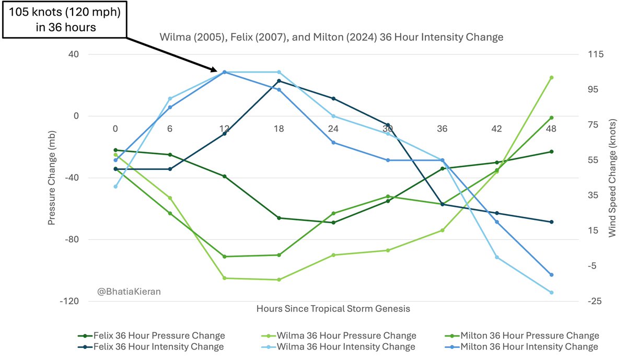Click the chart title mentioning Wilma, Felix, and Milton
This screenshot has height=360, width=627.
(x=331, y=37)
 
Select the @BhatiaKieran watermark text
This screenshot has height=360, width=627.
(x=129, y=292)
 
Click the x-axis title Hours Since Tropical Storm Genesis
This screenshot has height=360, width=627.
(x=333, y=308)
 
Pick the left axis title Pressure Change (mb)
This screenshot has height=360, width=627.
(x=52, y=178)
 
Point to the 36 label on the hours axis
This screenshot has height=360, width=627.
(x=442, y=129)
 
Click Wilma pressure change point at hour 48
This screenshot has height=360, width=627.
(x=551, y=77)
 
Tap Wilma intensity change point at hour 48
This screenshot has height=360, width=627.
(x=551, y=293)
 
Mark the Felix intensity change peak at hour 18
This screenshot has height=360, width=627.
(x=278, y=81)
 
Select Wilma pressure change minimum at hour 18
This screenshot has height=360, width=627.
(x=278, y=280)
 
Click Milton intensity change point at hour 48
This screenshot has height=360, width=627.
(x=551, y=275)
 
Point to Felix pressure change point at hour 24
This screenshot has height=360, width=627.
(x=333, y=223)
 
